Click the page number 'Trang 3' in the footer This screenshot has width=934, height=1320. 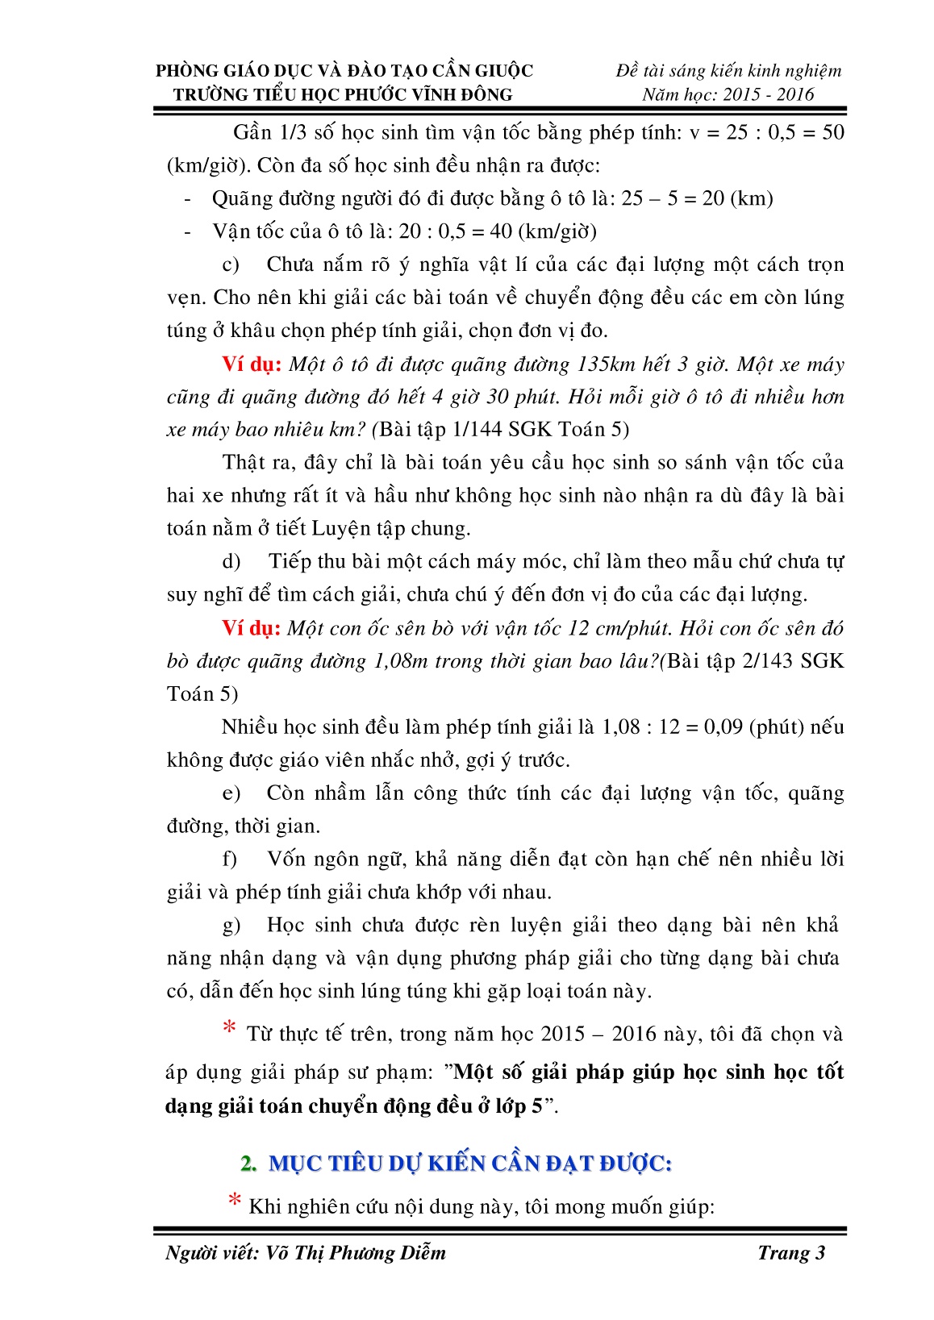(x=790, y=1252)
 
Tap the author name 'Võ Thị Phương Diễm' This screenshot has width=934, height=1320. (x=355, y=1252)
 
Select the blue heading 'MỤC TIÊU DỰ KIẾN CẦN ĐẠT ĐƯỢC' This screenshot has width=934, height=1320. (x=469, y=1164)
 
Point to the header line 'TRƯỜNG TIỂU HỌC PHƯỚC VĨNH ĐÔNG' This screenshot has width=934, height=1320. (x=343, y=94)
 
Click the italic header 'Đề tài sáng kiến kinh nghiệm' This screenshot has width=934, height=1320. (x=728, y=71)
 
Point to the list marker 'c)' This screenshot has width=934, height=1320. (x=231, y=264)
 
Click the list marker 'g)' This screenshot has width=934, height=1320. (x=231, y=926)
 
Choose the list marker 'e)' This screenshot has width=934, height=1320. (x=231, y=793)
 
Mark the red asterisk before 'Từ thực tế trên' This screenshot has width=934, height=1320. (x=230, y=1029)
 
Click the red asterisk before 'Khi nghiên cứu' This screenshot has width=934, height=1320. (x=234, y=1201)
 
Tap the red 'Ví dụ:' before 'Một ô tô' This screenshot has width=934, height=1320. (x=252, y=364)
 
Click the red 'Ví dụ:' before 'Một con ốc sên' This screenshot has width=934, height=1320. (x=252, y=628)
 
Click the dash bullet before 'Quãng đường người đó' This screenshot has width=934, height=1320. (x=188, y=199)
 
